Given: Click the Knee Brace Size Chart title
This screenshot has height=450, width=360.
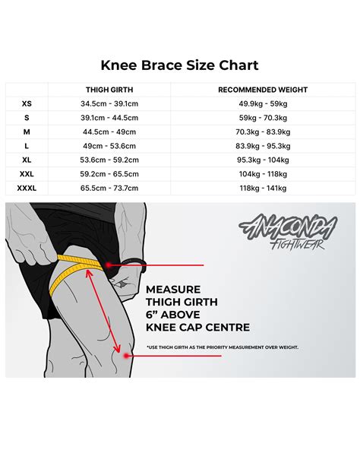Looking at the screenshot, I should [x=180, y=65].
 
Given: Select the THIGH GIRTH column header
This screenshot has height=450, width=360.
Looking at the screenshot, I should [x=110, y=90].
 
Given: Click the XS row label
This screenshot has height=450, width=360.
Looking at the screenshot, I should [x=27, y=103].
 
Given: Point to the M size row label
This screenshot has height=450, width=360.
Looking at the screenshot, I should [x=27, y=132].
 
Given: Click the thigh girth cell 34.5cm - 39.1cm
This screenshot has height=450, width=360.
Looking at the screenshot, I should [x=110, y=103].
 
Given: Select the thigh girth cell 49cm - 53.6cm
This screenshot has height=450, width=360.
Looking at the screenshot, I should [x=110, y=145].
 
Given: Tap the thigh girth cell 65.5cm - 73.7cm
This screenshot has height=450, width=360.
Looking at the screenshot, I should [x=110, y=187].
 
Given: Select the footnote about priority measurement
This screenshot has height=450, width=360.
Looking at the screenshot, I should [x=223, y=347].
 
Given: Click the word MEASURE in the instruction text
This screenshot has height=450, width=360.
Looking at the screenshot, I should [x=173, y=290].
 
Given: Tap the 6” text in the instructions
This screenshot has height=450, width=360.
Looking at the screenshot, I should [x=152, y=315].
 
